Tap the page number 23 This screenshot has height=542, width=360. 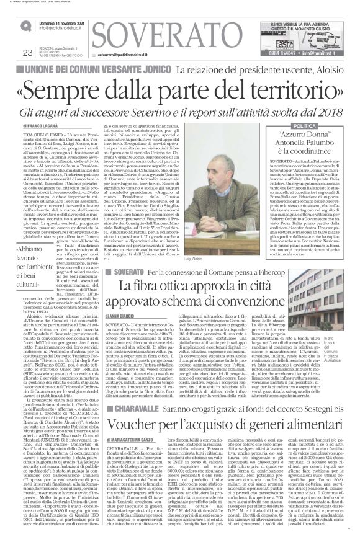tap(27, 51)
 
